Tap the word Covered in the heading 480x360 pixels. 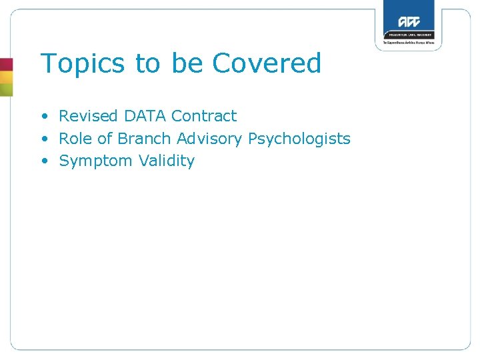pos(267,63)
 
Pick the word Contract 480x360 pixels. pos(203,116)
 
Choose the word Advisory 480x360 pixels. pos(209,139)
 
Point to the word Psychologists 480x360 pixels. pos(299,139)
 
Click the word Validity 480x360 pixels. pos(167,161)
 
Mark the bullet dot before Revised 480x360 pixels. pos(44,117)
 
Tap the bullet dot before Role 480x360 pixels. pos(44,139)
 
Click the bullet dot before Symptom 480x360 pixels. pos(44,161)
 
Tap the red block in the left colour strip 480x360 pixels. pos(6,65)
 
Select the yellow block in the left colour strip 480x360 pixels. pos(6,77)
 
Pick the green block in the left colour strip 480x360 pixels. pos(6,89)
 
